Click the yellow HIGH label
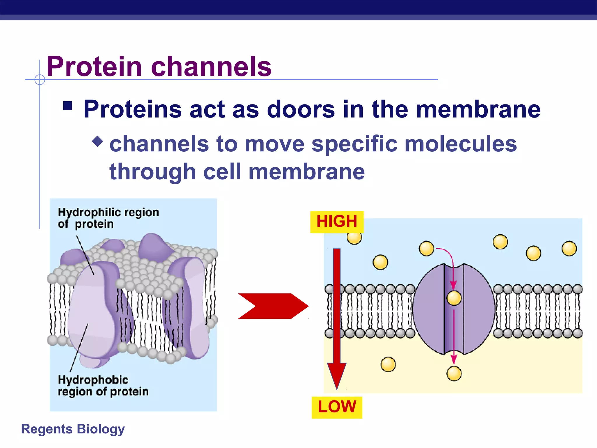(337, 222)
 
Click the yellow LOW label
(337, 407)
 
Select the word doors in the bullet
(301, 109)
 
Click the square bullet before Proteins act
(68, 106)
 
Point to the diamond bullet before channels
(97, 141)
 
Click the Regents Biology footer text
(73, 429)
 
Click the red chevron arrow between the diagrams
(273, 306)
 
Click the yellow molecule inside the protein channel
(454, 298)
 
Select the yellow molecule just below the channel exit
(454, 374)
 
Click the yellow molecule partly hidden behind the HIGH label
(354, 238)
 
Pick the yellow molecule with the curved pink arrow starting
(426, 249)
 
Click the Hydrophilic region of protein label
(108, 218)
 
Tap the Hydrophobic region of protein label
(103, 386)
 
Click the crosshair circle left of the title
(40, 79)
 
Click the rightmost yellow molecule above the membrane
(569, 249)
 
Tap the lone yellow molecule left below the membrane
(388, 364)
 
